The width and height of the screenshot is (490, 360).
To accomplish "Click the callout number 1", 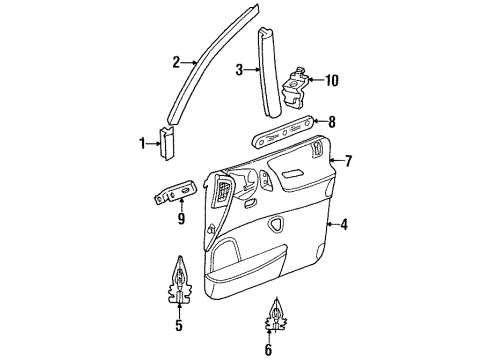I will coord(142,144).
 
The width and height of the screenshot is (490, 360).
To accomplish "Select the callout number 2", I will coord(176,62).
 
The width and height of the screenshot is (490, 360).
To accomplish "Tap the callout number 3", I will coord(239,69).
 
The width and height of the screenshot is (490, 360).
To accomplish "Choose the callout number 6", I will coord(267,350).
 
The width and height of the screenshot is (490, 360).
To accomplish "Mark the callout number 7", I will coord(348,159).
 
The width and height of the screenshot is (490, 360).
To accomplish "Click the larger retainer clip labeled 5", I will coord(178,281).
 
